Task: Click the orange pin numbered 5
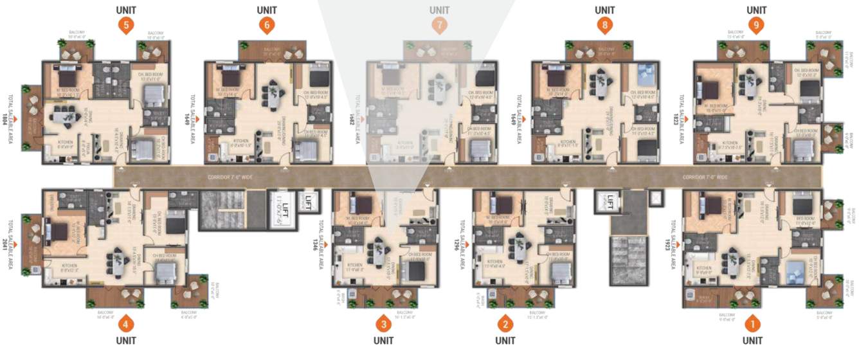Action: point(126,25)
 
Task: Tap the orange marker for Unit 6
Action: point(266,25)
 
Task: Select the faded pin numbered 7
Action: point(439,25)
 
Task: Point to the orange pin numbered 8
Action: point(604,25)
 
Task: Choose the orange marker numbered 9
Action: point(757,25)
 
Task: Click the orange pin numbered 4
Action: point(126,323)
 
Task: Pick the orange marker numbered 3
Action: point(383,323)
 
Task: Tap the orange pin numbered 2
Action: point(506,323)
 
